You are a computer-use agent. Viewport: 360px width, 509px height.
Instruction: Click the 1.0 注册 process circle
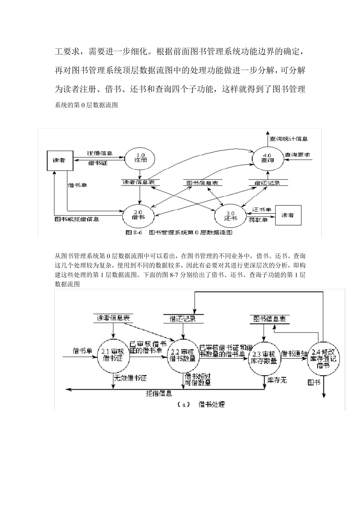(140, 158)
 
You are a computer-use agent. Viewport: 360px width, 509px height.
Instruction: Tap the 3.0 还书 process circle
(230, 216)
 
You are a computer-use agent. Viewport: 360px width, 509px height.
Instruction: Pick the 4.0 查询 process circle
(267, 158)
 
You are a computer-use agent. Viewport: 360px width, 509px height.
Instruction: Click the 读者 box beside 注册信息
(59, 161)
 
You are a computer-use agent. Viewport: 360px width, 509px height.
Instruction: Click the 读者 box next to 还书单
(288, 215)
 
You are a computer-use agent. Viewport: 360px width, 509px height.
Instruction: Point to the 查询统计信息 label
(288, 139)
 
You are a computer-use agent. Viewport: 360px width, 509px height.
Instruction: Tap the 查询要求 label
(297, 155)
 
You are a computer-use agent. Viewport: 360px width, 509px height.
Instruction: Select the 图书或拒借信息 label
(77, 219)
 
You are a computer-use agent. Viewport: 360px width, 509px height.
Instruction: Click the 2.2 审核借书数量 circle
(183, 355)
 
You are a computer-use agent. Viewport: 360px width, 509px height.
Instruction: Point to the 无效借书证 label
(130, 378)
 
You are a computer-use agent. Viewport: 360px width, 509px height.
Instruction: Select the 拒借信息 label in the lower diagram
(159, 393)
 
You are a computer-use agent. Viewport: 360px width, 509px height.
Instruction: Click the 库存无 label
(277, 380)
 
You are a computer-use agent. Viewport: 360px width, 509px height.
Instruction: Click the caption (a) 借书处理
(201, 404)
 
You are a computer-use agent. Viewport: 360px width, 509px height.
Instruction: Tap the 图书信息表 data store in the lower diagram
(269, 319)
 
